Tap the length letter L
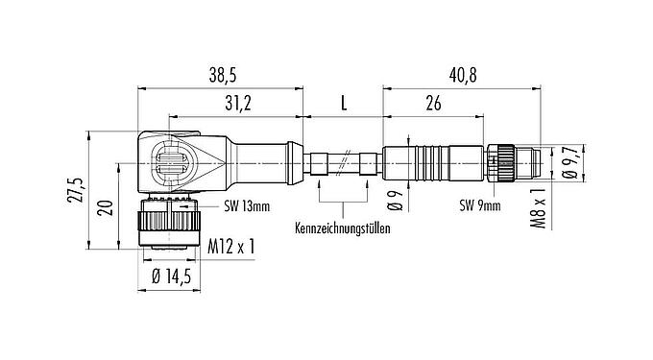(x=343, y=102)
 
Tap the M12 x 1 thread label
(x=231, y=249)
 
